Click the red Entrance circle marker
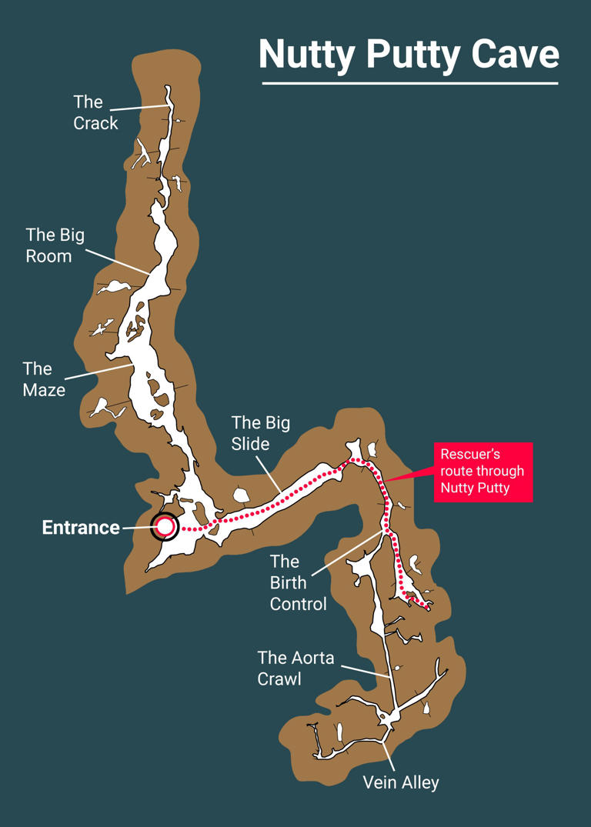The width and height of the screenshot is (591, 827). click(x=165, y=527)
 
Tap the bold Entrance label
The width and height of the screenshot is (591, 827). click(x=81, y=528)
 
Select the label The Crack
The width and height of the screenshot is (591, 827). click(x=95, y=112)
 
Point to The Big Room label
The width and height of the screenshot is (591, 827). click(x=55, y=245)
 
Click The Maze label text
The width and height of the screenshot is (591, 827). click(x=43, y=378)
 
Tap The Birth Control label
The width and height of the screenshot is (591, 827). click(x=298, y=582)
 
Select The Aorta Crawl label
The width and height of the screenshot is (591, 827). click(x=295, y=668)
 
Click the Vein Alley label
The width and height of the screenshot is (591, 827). click(x=401, y=783)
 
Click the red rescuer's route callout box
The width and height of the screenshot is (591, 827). click(x=482, y=472)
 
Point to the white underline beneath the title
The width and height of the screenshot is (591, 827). click(x=409, y=82)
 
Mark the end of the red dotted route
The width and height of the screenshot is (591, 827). click(x=427, y=608)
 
